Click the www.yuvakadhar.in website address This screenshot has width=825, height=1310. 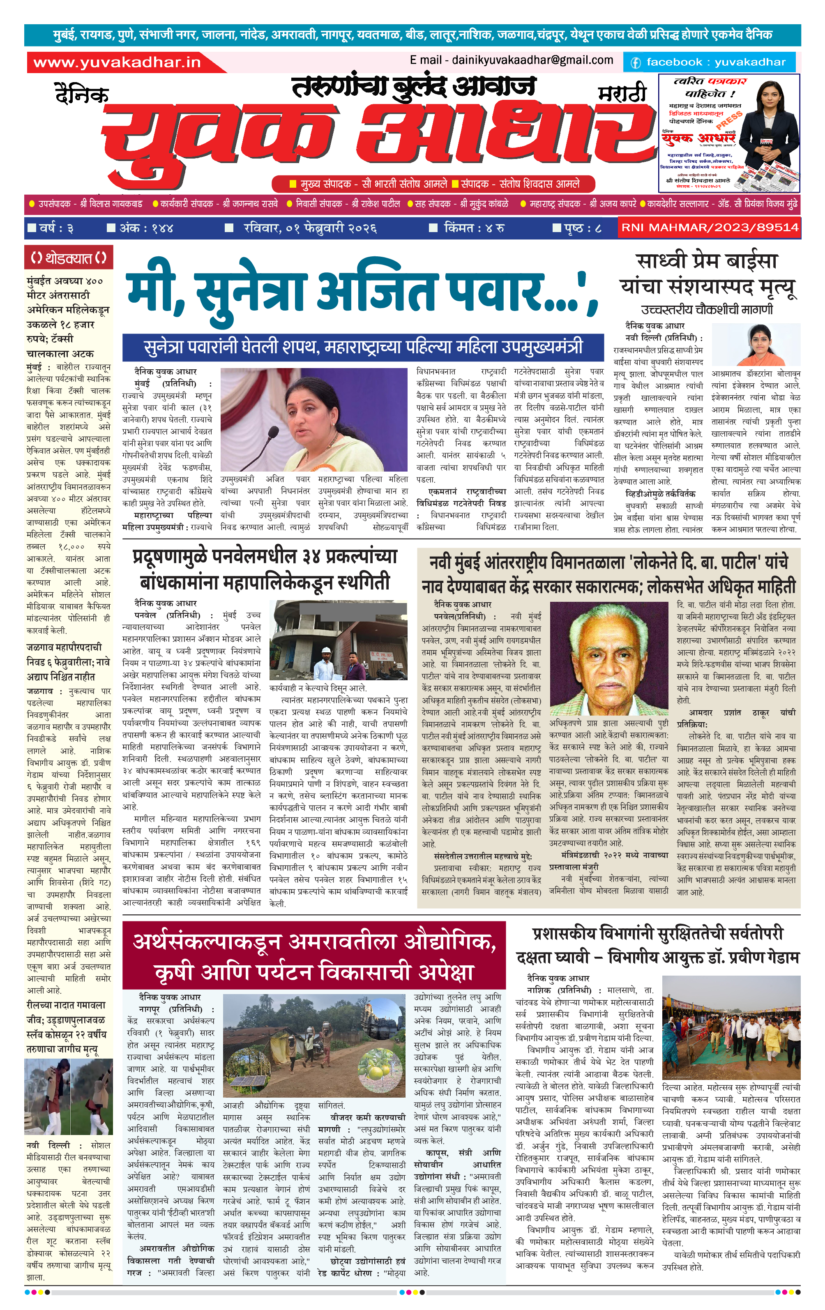click(117, 62)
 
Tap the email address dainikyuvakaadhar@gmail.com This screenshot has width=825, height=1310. click(512, 60)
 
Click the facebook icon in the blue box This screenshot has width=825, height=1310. click(635, 62)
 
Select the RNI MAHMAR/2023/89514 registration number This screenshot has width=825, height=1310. click(710, 228)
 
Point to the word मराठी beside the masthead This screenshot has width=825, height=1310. click(622, 94)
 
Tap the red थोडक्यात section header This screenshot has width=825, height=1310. click(69, 258)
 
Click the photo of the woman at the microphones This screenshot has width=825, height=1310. click(313, 419)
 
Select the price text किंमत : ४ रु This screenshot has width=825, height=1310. click(473, 228)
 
